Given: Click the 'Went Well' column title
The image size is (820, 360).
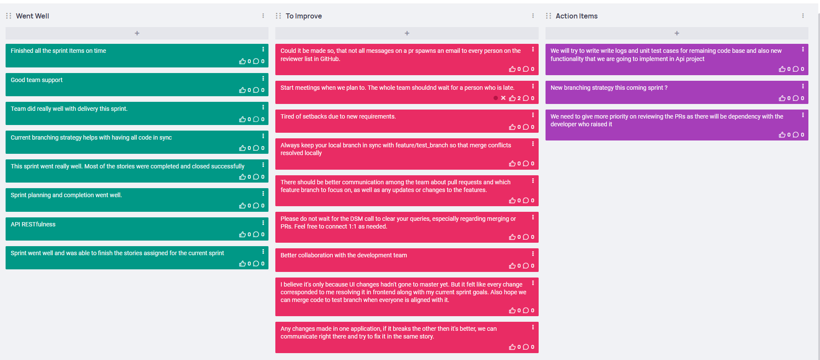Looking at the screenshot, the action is [32, 16].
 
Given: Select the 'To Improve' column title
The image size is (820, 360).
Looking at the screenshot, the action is [304, 16].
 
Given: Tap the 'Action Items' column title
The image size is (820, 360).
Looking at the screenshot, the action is [576, 16].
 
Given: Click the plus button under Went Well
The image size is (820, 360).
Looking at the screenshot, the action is [137, 33].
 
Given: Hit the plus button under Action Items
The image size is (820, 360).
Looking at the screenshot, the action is [677, 33].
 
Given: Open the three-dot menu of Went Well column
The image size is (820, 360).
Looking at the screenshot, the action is [263, 15].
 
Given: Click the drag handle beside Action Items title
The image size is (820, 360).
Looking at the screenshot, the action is [549, 16].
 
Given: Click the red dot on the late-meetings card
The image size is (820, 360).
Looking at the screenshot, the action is [496, 98].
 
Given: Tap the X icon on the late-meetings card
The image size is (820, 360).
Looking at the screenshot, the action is [503, 98].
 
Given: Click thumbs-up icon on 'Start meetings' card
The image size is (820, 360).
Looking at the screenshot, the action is [512, 98].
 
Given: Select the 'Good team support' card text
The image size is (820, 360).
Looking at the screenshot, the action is [37, 80].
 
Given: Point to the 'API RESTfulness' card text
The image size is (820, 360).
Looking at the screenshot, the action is [33, 224].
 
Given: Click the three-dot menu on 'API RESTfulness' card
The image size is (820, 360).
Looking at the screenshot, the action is [263, 223].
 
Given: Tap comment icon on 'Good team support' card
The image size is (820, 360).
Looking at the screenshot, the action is [256, 90].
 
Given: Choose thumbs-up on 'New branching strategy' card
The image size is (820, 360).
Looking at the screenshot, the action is [782, 98].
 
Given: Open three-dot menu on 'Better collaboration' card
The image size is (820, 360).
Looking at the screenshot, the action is [533, 253].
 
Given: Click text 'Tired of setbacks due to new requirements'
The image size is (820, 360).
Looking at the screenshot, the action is [338, 116].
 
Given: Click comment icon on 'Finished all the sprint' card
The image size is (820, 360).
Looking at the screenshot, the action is [256, 61].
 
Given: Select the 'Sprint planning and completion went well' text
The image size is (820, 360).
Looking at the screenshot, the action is [66, 195].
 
